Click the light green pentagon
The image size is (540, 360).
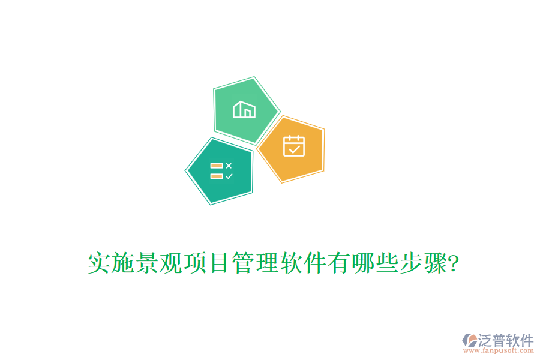tap(246, 111)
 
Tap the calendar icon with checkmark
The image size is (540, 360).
tap(294, 146)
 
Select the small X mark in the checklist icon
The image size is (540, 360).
tap(229, 166)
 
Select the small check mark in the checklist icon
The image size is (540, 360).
tap(229, 176)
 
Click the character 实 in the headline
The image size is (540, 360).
tap(99, 263)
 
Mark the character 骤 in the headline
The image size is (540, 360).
tap(435, 263)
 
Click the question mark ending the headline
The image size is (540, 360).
tap(454, 263)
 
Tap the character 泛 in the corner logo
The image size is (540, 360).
tap(485, 340)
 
